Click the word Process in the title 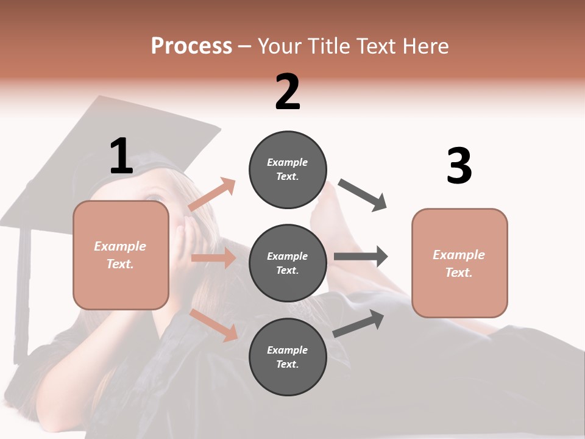click(191, 46)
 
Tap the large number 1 click(121, 156)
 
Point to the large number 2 click(288, 92)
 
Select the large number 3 click(459, 166)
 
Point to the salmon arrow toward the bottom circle click(214, 324)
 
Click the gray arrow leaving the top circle click(363, 195)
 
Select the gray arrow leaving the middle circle click(361, 256)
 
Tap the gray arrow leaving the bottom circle click(359, 323)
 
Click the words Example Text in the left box click(120, 255)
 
